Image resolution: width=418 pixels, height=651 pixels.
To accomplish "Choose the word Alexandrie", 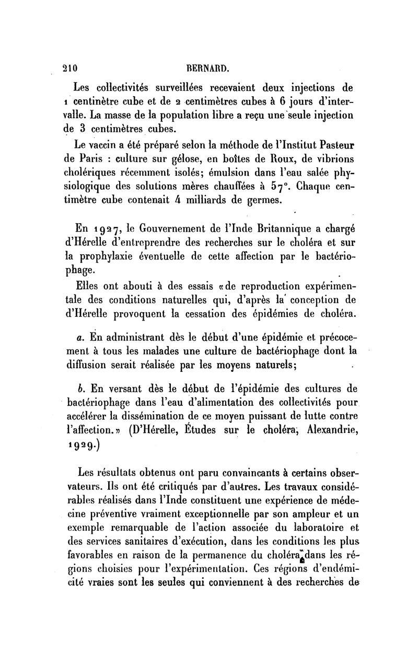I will coord(326,431).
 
